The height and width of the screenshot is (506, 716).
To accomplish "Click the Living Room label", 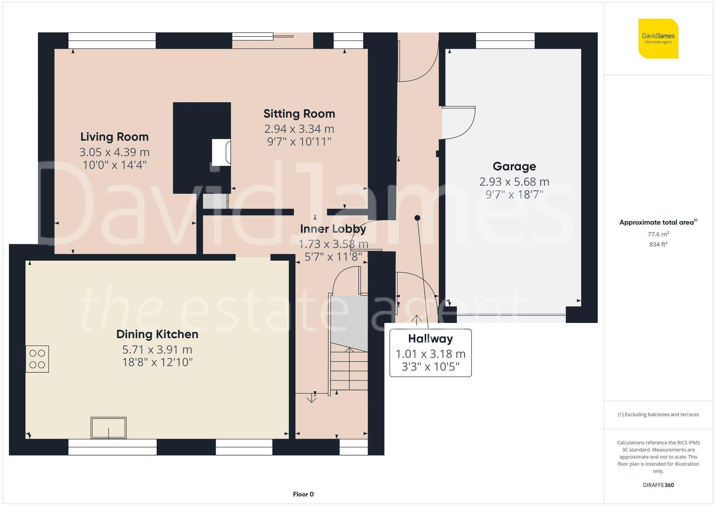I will point(114,137).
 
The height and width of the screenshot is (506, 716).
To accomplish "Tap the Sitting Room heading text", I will point(299,114).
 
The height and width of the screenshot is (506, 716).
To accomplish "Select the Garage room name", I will point(514,166).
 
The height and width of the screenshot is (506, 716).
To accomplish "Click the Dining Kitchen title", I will point(157,334).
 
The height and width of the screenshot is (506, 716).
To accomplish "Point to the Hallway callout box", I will point(430,353).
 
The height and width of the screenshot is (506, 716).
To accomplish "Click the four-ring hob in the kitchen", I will point(37,359).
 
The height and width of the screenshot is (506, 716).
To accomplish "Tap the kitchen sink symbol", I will point(108,428).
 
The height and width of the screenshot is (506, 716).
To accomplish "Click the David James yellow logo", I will point(658,39).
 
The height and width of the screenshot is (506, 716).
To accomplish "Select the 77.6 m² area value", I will point(658,234).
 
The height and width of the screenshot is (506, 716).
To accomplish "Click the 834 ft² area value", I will point(658,245).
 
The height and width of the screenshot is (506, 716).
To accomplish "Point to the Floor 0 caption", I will point(303,494).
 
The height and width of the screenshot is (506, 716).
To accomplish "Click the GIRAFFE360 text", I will point(658,485).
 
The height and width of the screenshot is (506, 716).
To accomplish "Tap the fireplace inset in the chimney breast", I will point(221,152).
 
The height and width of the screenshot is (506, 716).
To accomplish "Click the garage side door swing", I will point(458,123).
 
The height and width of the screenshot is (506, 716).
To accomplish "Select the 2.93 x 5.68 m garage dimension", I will point(514,182).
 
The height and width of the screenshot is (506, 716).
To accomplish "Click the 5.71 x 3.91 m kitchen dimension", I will point(157,349).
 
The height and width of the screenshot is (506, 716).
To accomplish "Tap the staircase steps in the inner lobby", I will point(349,370).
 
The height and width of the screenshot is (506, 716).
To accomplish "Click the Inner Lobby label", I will point(333,229).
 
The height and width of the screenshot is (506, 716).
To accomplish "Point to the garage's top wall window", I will point(505,40).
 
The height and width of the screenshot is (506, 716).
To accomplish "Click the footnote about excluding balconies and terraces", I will point(658,414).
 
